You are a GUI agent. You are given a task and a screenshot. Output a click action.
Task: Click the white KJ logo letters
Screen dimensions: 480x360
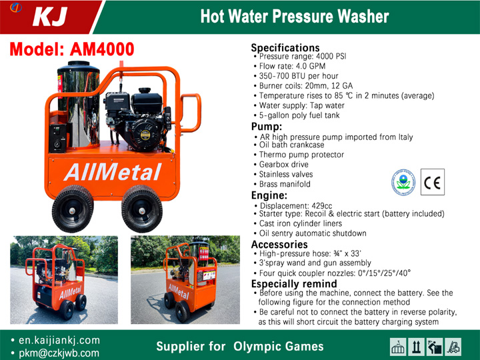coord(50,17)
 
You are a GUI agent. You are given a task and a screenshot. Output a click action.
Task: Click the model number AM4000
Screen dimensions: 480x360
coord(102,49)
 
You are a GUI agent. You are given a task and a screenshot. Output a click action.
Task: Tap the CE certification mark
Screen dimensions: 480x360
coord(432,182)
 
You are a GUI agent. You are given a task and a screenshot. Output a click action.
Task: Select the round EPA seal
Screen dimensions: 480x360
coord(403,183)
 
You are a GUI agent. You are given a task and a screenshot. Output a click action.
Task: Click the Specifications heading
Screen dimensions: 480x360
coord(285,48)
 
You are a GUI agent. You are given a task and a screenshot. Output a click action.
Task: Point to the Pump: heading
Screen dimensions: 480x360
coord(267,127)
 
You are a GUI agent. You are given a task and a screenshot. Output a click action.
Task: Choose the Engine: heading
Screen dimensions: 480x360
coord(269,195)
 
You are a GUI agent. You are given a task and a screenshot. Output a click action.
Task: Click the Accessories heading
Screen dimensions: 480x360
coord(279,244)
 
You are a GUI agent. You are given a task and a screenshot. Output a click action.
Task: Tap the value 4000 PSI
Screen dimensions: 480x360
coord(331,56)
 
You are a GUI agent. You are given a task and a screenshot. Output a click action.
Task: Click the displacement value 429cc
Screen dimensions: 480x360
coord(322,206)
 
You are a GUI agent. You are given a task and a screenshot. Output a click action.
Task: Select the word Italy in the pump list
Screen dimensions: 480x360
coord(405,137)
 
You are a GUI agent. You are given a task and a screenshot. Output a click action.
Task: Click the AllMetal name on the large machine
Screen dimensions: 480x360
coord(113,172)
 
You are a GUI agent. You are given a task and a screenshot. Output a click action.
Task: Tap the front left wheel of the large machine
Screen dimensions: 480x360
coord(73,209)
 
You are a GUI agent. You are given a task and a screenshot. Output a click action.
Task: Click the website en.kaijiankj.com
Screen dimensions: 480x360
coord(59,340)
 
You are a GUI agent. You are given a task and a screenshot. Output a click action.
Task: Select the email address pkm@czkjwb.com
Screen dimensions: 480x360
coord(59,353)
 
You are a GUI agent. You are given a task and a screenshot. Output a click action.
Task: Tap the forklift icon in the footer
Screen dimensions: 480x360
coord(453,347)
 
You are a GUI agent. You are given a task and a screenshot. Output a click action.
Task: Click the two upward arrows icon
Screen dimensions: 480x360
coord(416,347)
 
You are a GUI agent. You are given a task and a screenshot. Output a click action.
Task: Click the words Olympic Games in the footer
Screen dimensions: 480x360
coord(278,346)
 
